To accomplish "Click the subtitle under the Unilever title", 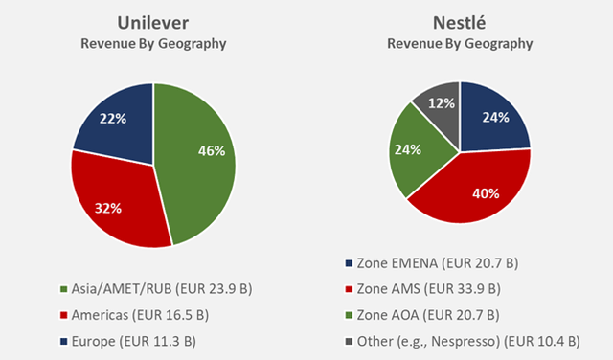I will (153, 44).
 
